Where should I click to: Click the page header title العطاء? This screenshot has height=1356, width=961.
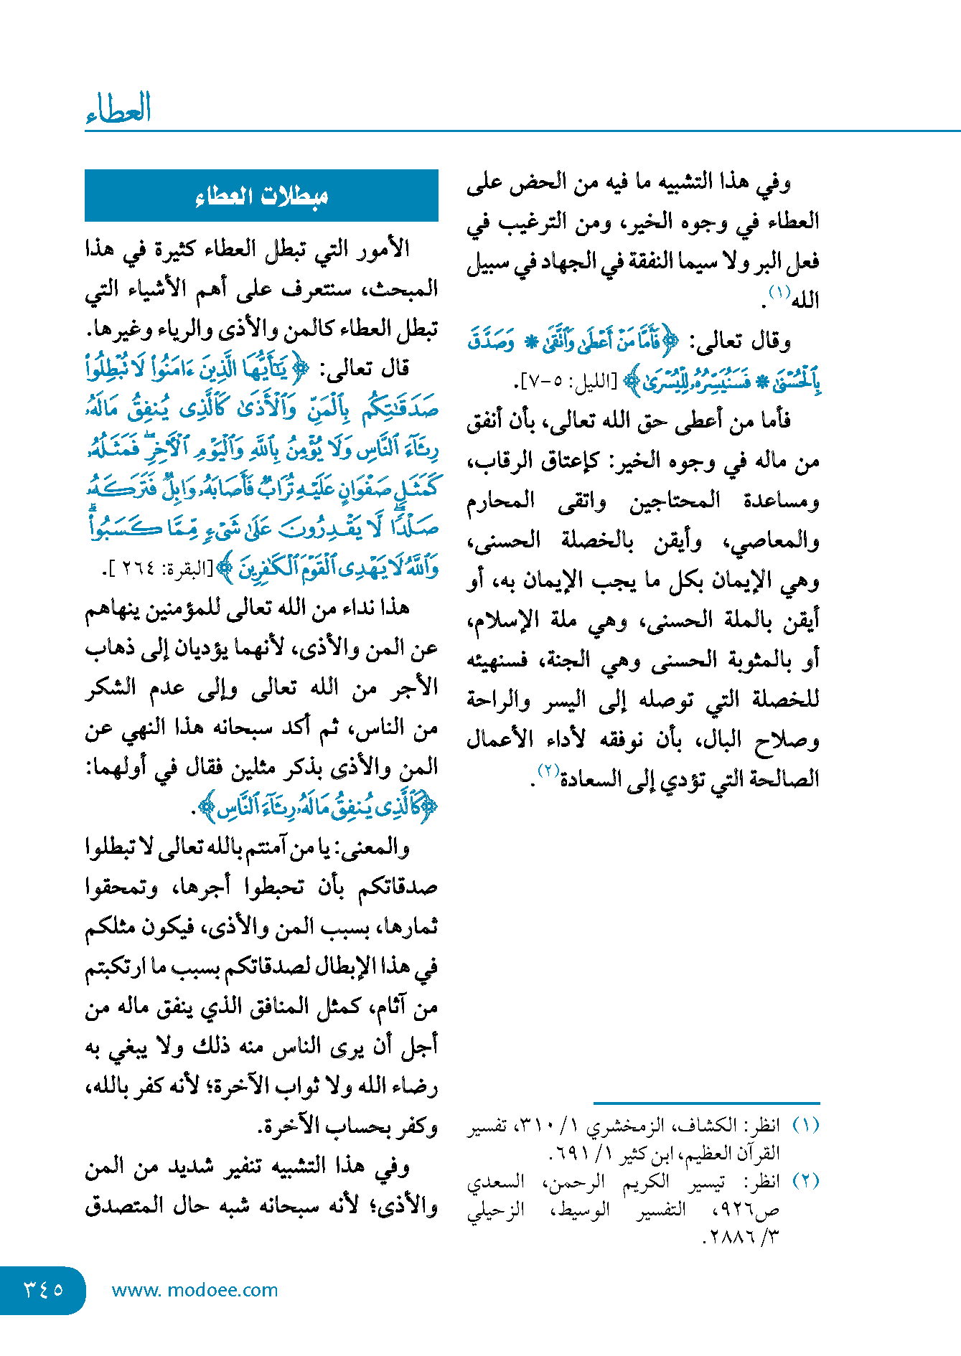click(x=118, y=109)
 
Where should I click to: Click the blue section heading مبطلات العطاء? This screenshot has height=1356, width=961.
click(x=261, y=196)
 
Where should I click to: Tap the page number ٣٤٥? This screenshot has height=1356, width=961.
click(x=44, y=1289)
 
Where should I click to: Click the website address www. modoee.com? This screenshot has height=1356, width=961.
click(x=194, y=1290)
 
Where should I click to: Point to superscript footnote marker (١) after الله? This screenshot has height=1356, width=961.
click(x=779, y=292)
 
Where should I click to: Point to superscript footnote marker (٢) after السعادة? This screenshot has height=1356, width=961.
click(x=549, y=771)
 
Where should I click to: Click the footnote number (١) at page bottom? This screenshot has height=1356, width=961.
click(x=806, y=1125)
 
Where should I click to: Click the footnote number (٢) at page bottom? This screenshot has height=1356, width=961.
click(x=806, y=1181)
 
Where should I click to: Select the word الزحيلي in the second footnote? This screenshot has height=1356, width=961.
click(x=496, y=1210)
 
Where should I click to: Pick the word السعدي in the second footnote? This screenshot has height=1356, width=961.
click(x=496, y=1182)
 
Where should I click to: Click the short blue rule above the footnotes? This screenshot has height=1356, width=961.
click(x=706, y=1103)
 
